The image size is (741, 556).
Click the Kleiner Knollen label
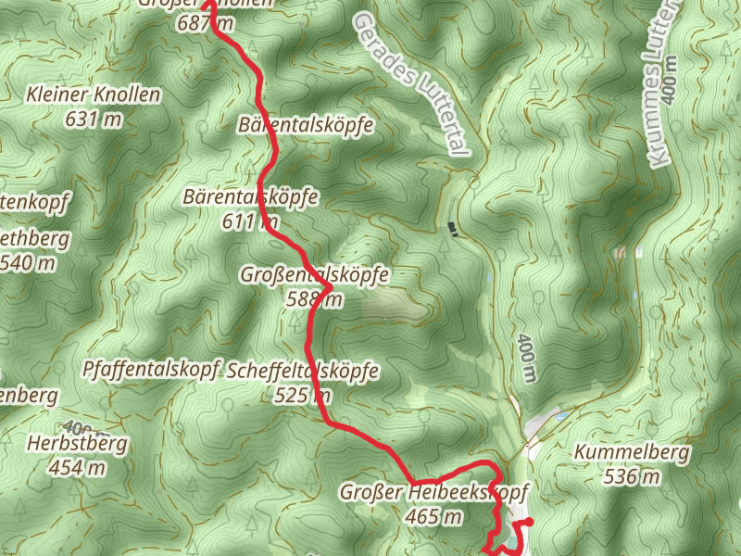(94, 95)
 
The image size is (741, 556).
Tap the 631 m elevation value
(94, 118)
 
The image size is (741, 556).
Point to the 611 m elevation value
(251, 221)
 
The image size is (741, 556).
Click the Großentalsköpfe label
(315, 275)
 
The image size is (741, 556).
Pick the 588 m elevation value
(315, 298)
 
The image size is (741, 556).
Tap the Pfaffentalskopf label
(149, 369)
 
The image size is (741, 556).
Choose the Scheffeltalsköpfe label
(303, 372)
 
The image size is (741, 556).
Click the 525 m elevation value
(303, 395)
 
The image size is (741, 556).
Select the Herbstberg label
(78, 444)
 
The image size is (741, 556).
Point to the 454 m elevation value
(78, 467)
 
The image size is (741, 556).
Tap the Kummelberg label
(633, 453)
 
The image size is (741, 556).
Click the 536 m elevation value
(633, 476)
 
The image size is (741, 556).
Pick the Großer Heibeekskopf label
(434, 493)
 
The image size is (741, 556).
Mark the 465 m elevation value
(434, 516)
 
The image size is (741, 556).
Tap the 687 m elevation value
(206, 23)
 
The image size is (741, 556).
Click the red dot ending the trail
(529, 524)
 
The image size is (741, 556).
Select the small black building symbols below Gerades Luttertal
(453, 229)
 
